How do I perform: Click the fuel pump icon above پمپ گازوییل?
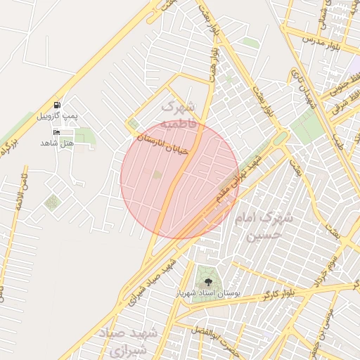point(57,104)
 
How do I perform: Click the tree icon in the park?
point(207,281)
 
